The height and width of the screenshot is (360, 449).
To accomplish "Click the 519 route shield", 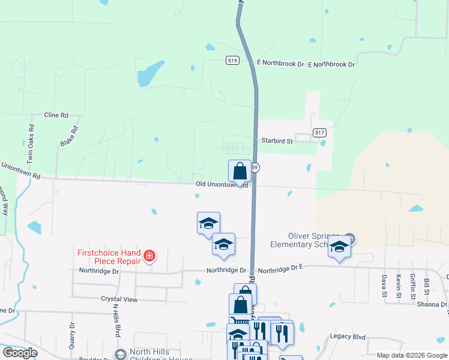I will pyautogui.click(x=233, y=61).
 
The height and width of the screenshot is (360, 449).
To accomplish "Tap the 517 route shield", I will pyautogui.click(x=319, y=133).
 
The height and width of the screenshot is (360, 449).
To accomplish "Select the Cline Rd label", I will pyautogui.click(x=56, y=115).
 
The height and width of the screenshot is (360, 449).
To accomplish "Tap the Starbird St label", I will pyautogui.click(x=276, y=141).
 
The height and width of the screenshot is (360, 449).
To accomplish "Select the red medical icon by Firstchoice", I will pyautogui.click(x=149, y=257).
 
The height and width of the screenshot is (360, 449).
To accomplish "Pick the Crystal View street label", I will pyautogui.click(x=119, y=299).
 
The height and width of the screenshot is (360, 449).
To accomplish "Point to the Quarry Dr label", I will pyautogui.click(x=71, y=336).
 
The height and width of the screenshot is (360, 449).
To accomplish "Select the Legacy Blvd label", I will pyautogui.click(x=348, y=337).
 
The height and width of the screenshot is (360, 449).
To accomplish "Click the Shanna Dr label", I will pyautogui.click(x=429, y=304).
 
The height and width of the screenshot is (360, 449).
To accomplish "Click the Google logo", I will pyautogui.click(x=20, y=353).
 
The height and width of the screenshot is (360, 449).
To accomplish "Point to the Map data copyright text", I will pyautogui.click(x=411, y=355).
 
